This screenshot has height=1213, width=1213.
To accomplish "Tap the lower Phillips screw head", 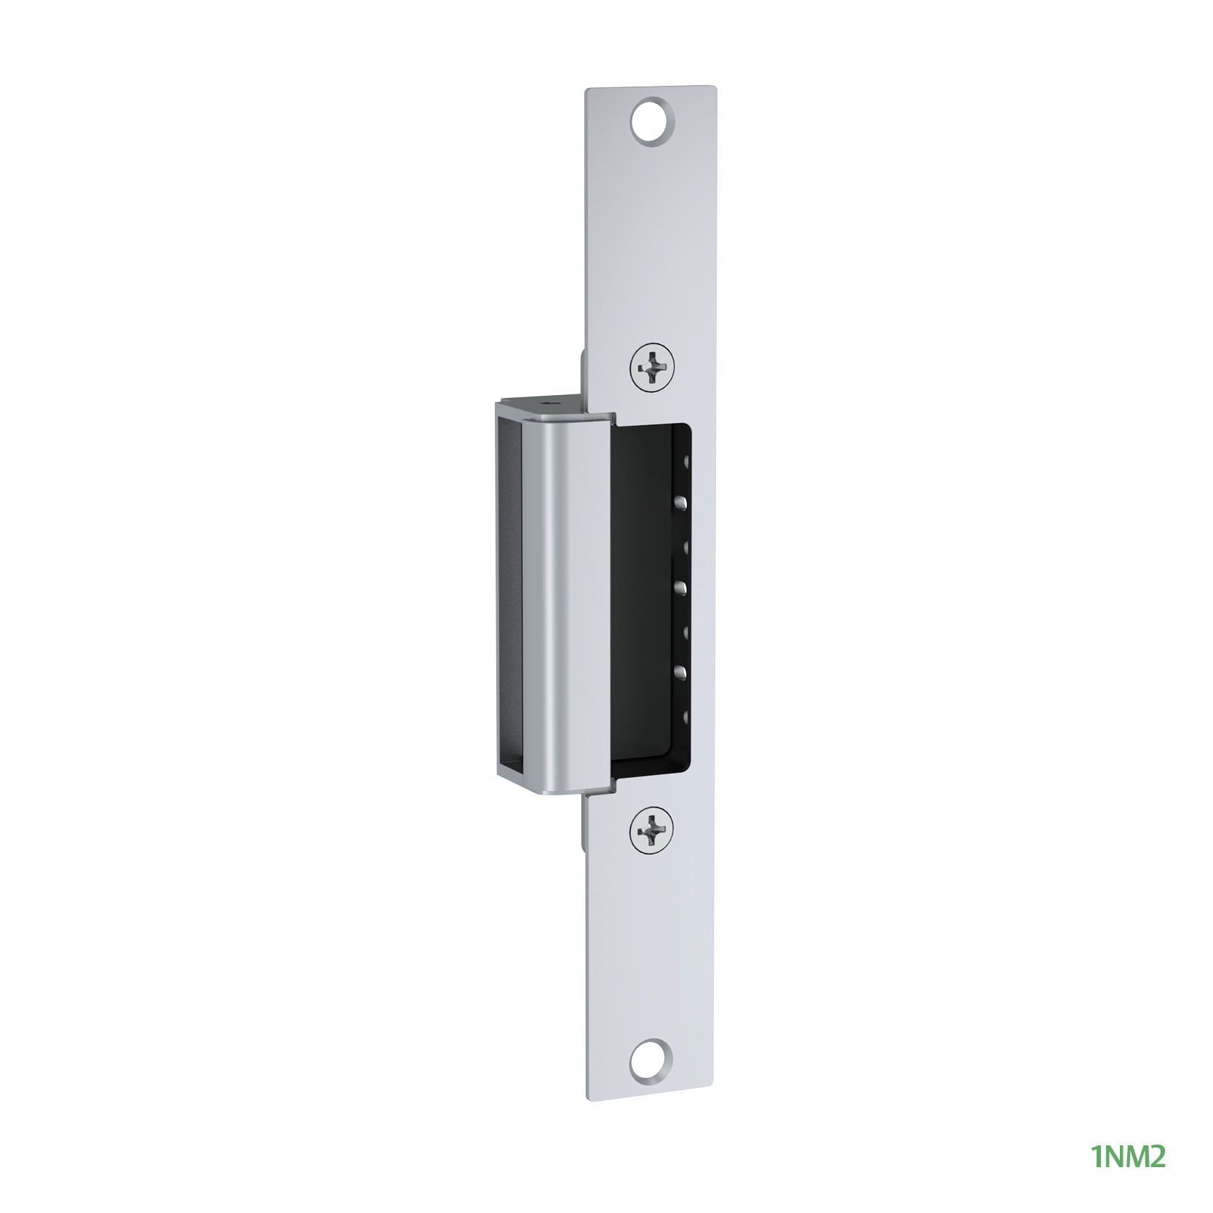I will click(651, 830).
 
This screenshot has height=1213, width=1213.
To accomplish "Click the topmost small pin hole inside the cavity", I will click(684, 460).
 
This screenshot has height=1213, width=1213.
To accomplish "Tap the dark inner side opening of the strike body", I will click(514, 597).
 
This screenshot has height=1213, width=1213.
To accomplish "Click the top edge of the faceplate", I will click(651, 89).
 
